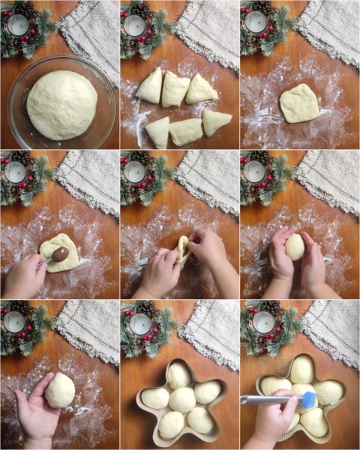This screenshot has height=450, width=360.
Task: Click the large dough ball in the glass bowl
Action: click(61, 105)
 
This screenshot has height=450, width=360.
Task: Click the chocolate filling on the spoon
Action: click(60, 255)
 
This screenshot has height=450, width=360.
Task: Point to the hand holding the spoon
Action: click(24, 276)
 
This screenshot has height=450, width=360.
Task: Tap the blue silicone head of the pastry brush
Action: click(307, 399)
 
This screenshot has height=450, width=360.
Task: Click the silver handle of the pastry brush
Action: click(266, 400)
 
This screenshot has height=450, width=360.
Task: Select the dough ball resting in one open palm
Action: click(60, 390)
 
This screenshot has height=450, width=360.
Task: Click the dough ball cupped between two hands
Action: click(295, 246)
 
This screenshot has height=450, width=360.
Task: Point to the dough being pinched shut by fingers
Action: click(182, 250)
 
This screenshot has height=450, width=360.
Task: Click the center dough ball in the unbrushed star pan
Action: click(181, 399)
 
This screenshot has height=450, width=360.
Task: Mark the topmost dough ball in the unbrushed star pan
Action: click(178, 373)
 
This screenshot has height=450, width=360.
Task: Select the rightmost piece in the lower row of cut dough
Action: click(216, 121)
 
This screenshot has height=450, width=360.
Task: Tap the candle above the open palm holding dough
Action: click(15, 322)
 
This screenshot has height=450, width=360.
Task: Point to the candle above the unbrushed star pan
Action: click(140, 323)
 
